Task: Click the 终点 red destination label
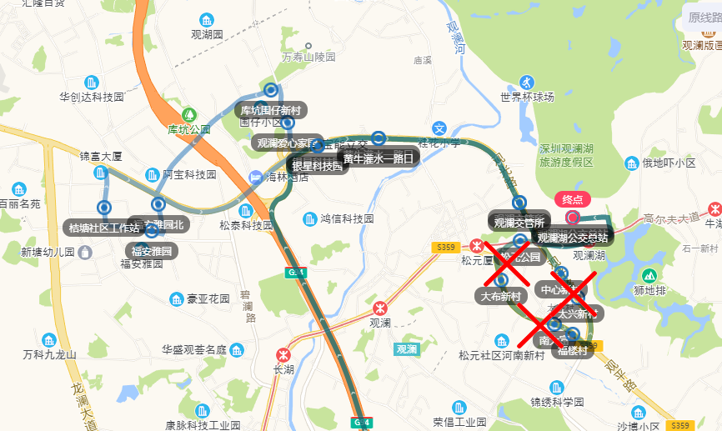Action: click(x=572, y=200)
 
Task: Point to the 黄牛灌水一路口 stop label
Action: click(x=379, y=158)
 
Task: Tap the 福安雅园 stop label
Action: click(x=151, y=251)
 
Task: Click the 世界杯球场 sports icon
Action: click(x=526, y=82)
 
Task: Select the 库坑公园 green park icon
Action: click(x=189, y=114)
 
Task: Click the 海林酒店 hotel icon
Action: click(x=254, y=177)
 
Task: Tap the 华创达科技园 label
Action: click(x=92, y=97)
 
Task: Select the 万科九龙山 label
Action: click(x=49, y=354)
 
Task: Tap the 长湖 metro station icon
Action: click(x=283, y=354)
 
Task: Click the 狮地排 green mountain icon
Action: click(x=649, y=275)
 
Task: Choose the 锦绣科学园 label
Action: click(x=558, y=403)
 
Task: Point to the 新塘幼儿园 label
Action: click(x=48, y=252)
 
